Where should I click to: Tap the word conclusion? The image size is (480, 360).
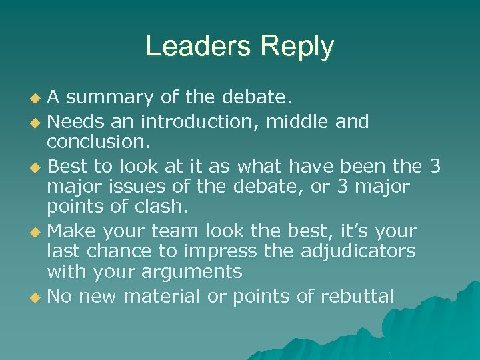(99, 143)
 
